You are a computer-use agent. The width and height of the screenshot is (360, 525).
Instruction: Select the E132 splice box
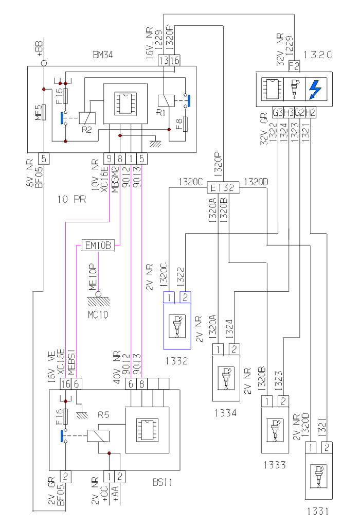[x=223, y=188]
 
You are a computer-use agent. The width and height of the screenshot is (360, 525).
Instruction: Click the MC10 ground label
[x=97, y=313]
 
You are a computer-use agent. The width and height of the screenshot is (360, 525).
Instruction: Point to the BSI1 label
[x=163, y=483]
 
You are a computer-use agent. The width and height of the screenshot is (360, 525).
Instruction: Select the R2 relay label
[x=86, y=130]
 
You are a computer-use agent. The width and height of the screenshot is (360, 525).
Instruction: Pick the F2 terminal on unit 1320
[x=294, y=65]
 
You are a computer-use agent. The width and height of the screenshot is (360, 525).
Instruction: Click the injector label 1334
[x=226, y=412]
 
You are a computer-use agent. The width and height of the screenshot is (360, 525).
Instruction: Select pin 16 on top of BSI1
[x=65, y=383]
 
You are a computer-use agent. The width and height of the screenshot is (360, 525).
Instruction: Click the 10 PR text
[x=72, y=199]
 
